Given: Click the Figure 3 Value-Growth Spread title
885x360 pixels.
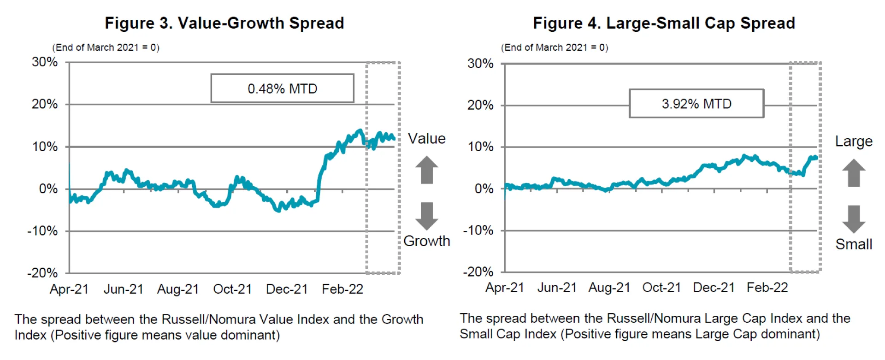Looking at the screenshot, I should pyautogui.click(x=224, y=23).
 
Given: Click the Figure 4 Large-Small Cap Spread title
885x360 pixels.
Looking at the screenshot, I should pyautogui.click(x=664, y=23).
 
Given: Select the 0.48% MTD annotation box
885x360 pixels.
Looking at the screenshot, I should pyautogui.click(x=282, y=89).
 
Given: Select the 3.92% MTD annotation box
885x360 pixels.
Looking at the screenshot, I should pyautogui.click(x=696, y=104).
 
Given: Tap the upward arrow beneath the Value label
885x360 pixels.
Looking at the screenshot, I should pyautogui.click(x=427, y=170).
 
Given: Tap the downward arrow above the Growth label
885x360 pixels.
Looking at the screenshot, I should pyautogui.click(x=427, y=216).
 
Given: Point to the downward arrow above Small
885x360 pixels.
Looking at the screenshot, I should pyautogui.click(x=854, y=219).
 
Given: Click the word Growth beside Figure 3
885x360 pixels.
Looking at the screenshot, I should pyautogui.click(x=426, y=241).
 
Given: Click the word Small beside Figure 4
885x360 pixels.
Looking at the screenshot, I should pyautogui.click(x=854, y=244).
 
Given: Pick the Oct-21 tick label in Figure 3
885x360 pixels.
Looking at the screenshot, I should pyautogui.click(x=232, y=289).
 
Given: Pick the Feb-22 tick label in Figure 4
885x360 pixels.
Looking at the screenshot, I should pyautogui.click(x=767, y=288).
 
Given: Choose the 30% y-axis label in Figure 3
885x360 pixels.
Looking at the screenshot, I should pyautogui.click(x=45, y=62).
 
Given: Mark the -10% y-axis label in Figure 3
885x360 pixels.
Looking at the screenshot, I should pyautogui.click(x=42, y=231).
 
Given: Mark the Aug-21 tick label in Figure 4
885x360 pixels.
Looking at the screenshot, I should pyautogui.click(x=609, y=288).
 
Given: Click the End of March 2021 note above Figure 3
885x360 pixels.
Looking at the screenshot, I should pyautogui.click(x=106, y=47).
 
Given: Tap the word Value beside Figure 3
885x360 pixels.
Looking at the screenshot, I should pyautogui.click(x=427, y=139).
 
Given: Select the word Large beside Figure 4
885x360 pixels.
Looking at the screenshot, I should pyautogui.click(x=854, y=142).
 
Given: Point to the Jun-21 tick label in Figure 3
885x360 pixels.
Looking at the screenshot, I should pyautogui.click(x=124, y=289).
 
